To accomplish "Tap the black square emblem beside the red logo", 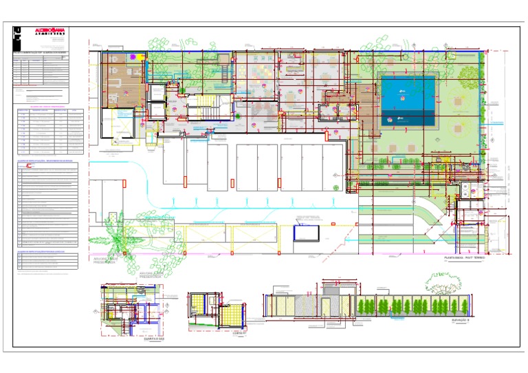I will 17,31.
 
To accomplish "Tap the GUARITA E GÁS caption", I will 148,338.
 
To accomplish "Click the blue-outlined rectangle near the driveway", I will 306,233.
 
